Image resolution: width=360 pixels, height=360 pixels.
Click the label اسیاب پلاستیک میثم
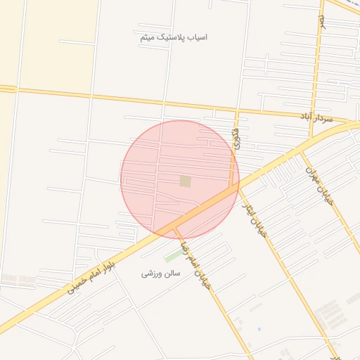tap(173, 37)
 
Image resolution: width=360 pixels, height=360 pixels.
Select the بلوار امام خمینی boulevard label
tap(90, 276)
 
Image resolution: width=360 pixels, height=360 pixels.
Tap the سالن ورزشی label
tap(161, 273)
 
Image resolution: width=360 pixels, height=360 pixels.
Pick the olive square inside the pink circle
tap(186, 181)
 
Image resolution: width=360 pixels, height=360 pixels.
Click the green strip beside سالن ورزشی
tap(172, 256)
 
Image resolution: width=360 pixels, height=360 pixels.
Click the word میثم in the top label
tap(147, 37)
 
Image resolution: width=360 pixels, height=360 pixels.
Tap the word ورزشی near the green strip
tap(150, 273)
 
